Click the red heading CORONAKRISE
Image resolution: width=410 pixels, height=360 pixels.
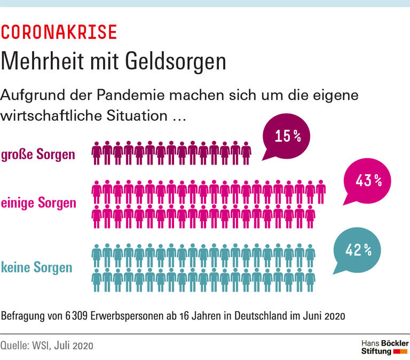59,32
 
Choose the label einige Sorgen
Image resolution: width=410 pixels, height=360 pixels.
38,203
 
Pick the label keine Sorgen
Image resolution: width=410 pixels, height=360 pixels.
37,267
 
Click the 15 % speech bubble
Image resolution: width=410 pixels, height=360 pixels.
287,137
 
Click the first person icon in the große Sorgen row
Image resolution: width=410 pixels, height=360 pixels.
97,153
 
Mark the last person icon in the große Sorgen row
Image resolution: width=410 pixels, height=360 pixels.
246,153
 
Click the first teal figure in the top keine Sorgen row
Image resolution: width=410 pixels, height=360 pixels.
97,255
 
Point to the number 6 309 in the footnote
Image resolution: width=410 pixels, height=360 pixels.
69,315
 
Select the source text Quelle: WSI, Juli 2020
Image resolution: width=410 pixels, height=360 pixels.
47,346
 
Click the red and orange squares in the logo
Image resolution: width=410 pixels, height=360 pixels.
400,352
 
